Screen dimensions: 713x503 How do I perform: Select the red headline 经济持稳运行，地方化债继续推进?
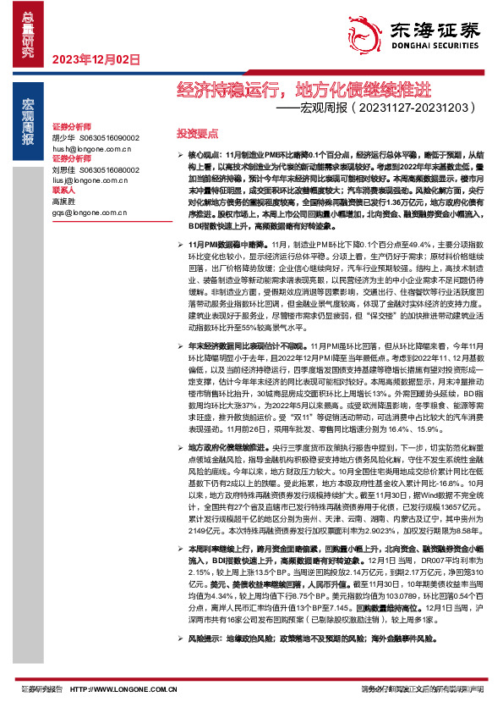tap(303, 89)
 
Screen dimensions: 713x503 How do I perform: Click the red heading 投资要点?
tap(197, 134)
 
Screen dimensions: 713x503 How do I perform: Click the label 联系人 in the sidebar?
tap(65, 190)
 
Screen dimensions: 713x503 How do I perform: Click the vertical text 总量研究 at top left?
tap(28, 30)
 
